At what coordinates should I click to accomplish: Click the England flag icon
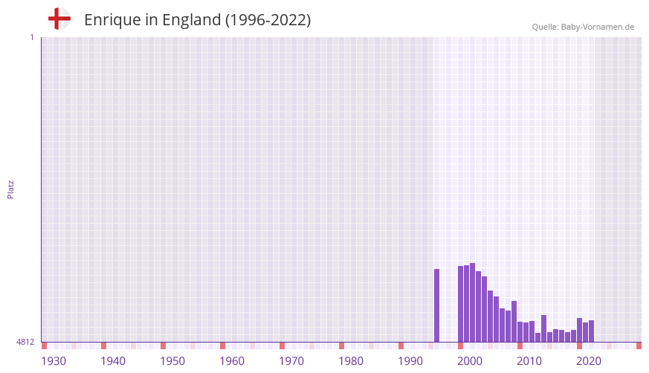pos(59,19)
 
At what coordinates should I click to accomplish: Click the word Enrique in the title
pos(112,20)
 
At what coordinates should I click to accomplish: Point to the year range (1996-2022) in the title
pos(268,20)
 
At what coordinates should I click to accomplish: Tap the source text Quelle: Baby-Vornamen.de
pos(583,27)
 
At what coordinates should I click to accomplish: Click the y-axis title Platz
pos(10,189)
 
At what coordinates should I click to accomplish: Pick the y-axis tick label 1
pos(31,37)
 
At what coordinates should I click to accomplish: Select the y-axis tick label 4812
pos(25,342)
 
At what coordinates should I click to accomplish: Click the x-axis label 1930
pos(54,361)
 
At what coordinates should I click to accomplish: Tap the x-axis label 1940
pos(113,361)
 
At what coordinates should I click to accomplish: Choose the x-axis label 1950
pos(172,361)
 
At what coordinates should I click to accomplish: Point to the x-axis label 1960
pos(232,361)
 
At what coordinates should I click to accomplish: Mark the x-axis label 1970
pos(291,361)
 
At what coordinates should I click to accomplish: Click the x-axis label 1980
pos(351,361)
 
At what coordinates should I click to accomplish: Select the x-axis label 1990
pos(410,361)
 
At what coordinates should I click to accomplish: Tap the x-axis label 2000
pos(470,361)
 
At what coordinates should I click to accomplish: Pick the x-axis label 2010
pos(529,361)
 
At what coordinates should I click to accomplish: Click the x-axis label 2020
pos(589,361)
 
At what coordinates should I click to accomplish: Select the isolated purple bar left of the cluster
pos(437,305)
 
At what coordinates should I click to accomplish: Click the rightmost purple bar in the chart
pos(591,331)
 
